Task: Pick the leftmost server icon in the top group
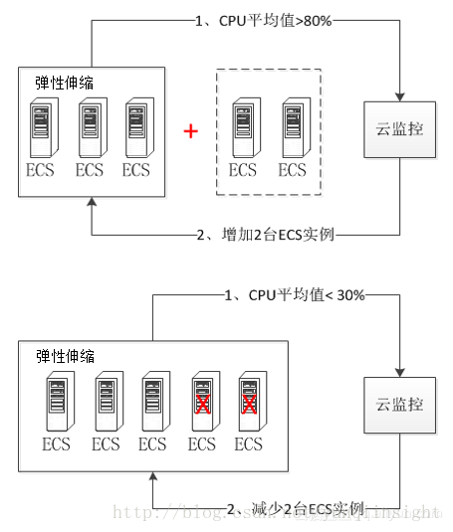[x=42, y=126]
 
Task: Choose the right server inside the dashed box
[x=292, y=126]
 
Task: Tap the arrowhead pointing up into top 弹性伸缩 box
[x=91, y=204]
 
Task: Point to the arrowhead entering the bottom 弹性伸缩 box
[x=152, y=479]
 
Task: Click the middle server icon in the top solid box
[x=90, y=126]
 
